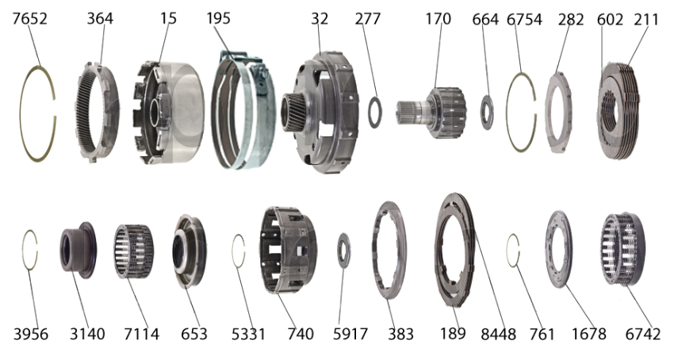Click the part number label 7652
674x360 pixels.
coord(29,19)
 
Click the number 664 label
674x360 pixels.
coord(485,19)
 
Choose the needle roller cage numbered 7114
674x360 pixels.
coord(134,251)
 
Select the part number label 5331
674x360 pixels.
coord(248,334)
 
